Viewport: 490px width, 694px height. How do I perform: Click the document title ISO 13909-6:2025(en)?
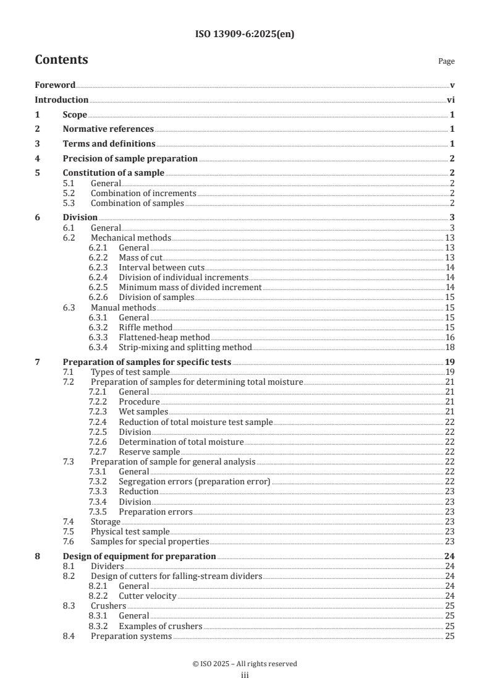tap(245, 35)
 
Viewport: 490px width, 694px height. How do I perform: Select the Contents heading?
tap(61, 60)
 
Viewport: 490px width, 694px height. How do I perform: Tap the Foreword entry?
tap(55, 85)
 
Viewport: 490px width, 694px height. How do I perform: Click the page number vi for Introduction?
tap(450, 100)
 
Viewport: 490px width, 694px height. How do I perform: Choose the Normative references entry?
tap(108, 129)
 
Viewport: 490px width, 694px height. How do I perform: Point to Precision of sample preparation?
tap(130, 159)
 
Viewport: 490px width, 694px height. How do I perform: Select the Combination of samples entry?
tap(137, 203)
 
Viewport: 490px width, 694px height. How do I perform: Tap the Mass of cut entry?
tap(140, 257)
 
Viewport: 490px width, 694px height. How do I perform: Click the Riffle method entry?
tap(145, 327)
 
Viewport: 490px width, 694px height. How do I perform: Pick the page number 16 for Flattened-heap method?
tap(450, 337)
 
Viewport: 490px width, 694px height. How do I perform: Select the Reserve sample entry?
tap(149, 452)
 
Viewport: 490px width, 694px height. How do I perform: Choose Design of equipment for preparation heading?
tap(139, 556)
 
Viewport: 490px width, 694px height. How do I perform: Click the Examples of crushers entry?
tap(160, 626)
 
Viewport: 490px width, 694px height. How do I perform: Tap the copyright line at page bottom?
tap(245, 664)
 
